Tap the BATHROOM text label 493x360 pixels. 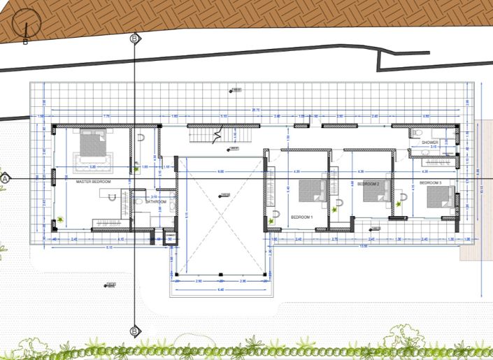click(156, 202)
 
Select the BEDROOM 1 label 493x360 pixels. click(302, 217)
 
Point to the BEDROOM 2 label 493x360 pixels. click(368, 183)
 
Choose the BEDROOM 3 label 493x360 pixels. click(431, 182)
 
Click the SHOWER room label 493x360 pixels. click(429, 142)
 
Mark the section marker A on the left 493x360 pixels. click(6, 178)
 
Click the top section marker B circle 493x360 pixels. click(134, 38)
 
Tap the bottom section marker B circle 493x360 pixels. click(134, 331)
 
